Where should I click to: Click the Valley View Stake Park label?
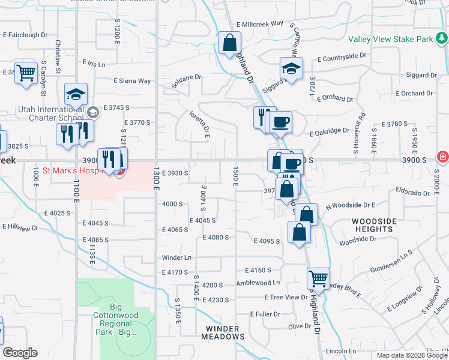[391, 39]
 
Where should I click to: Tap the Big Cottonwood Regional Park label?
[116, 320]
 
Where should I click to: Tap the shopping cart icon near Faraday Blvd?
[318, 278]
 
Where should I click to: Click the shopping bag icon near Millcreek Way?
[229, 43]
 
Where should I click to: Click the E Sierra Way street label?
[132, 81]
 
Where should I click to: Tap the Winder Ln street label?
[176, 258]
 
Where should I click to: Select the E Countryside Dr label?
[342, 56]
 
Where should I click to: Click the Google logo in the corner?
[20, 353]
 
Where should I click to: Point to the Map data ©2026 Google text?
[412, 355]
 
